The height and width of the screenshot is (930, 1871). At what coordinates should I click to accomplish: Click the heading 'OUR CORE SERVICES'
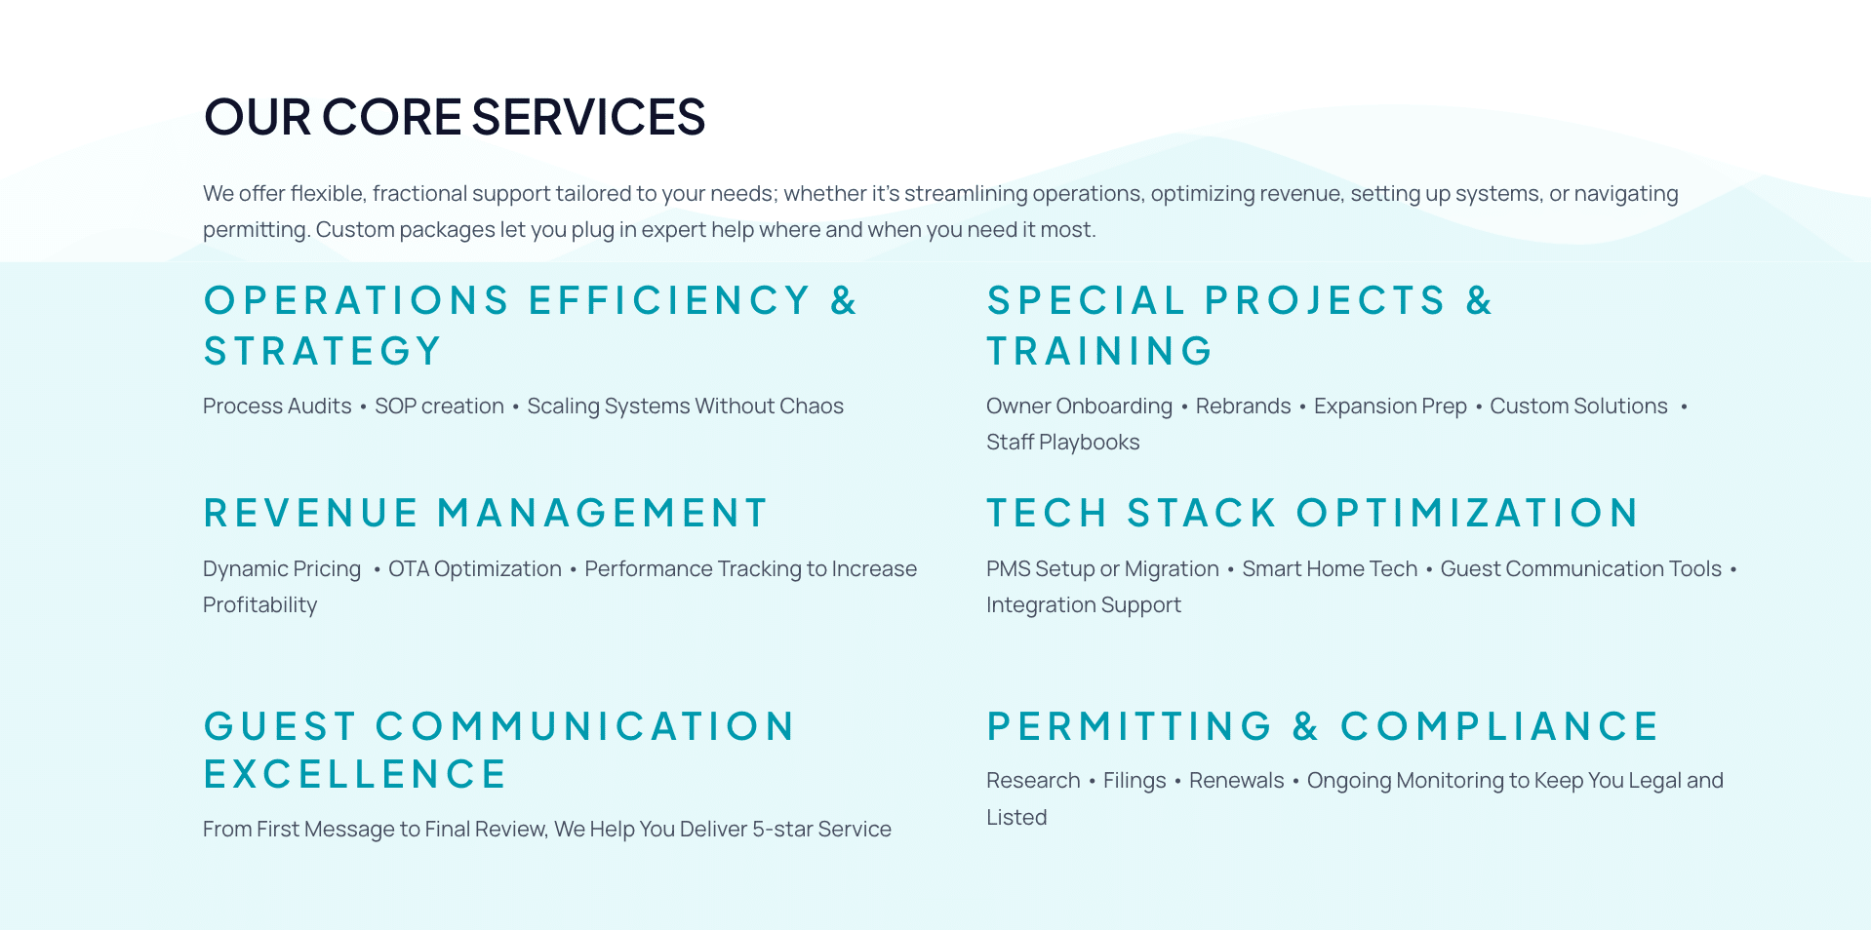(x=455, y=117)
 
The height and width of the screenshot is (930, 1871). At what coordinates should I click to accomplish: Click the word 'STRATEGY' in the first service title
(x=323, y=351)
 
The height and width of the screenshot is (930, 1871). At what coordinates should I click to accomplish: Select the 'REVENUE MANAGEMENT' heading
(x=486, y=513)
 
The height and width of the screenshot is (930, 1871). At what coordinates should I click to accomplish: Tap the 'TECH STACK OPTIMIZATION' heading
(x=1312, y=513)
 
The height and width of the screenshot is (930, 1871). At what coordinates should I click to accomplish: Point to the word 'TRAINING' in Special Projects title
(x=1099, y=351)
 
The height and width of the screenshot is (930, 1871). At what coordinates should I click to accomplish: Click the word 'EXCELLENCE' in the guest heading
(x=355, y=774)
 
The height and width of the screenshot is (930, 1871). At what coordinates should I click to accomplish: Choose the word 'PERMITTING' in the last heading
(x=1130, y=726)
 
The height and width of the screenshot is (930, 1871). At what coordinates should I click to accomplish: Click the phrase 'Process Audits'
(x=277, y=407)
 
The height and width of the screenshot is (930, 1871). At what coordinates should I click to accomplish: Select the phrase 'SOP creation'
(x=439, y=407)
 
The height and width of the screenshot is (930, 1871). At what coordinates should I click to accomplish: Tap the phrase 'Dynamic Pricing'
(x=282, y=569)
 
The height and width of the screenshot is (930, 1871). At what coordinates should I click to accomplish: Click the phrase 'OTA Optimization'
(x=475, y=569)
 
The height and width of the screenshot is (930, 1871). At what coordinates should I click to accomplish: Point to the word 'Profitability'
(x=260, y=605)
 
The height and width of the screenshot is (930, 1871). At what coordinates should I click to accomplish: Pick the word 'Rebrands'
(x=1243, y=407)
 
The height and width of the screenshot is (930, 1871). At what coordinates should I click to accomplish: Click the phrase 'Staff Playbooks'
(x=1063, y=443)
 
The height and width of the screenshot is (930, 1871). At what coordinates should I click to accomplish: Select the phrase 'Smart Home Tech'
(x=1330, y=569)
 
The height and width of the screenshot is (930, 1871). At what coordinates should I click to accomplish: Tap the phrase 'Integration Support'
(x=1084, y=605)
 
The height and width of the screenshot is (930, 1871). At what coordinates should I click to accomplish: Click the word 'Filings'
(x=1135, y=781)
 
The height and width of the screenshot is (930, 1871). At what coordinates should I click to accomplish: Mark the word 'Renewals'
(x=1236, y=781)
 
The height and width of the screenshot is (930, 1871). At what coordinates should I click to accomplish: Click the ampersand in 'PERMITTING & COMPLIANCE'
(x=1305, y=726)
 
